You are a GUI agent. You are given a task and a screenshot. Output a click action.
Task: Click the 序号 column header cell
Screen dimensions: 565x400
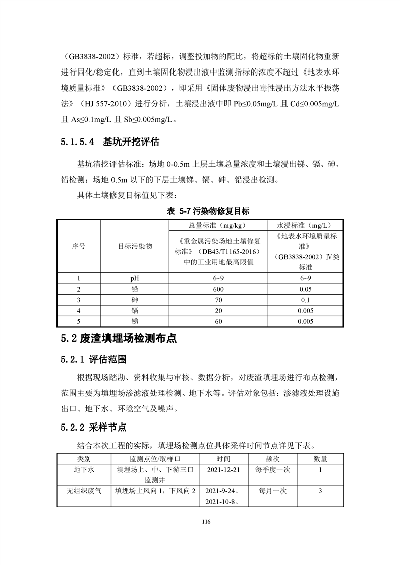79,246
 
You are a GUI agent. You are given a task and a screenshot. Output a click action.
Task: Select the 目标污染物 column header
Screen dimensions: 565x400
135,246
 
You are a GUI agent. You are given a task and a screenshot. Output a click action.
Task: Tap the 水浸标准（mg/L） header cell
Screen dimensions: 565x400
306,225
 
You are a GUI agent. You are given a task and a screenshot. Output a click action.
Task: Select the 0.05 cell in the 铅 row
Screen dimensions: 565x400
306,289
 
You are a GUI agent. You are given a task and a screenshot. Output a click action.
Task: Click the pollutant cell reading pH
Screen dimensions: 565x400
135,278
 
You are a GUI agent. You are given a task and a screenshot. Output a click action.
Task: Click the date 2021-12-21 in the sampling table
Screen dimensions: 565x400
223,469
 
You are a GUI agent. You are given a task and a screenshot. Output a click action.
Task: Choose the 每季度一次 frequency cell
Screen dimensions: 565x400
273,469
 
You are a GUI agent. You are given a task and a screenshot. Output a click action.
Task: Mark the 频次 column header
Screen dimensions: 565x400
273,459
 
